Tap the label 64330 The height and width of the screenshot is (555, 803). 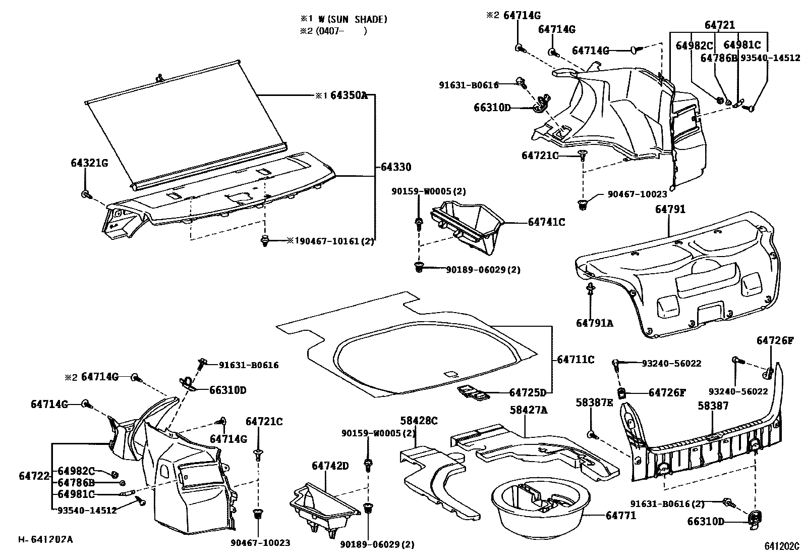click(396, 167)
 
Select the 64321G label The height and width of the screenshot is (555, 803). click(89, 163)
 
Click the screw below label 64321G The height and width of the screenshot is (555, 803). click(85, 194)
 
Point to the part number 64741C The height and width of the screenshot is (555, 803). click(547, 222)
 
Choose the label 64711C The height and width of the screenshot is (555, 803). click(576, 360)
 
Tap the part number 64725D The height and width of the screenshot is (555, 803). click(528, 392)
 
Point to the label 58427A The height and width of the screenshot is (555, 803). click(529, 410)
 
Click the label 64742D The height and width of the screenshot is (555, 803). click(330, 465)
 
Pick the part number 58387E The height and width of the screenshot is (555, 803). click(595, 402)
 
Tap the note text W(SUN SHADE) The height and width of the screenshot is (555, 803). click(353, 19)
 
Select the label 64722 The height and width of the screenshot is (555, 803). click(34, 476)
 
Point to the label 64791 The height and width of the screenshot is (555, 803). click(670, 209)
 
